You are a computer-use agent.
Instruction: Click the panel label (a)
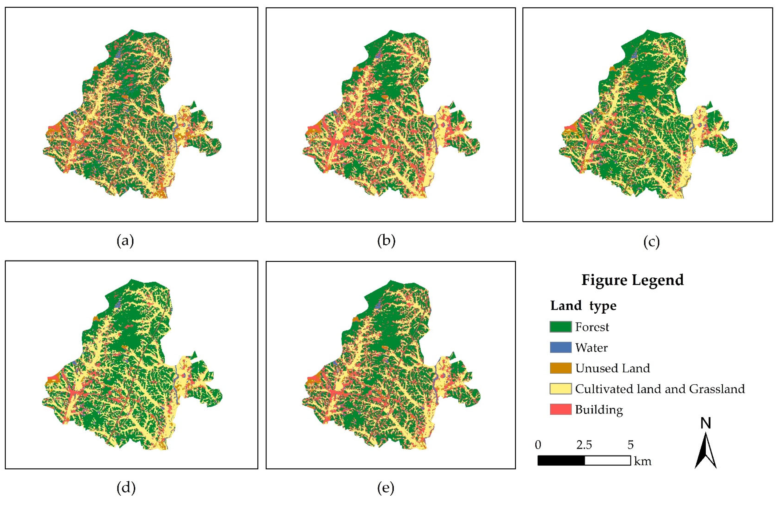coord(125,241)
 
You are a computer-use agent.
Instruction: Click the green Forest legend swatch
coord(560,327)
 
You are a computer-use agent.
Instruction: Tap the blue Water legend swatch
coord(560,348)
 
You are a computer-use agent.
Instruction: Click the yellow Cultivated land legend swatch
coord(560,389)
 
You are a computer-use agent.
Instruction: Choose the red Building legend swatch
coord(560,410)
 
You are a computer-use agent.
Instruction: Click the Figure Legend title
coord(633,280)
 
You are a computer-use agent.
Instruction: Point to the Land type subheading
coord(583,306)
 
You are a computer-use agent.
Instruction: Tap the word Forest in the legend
coord(592,327)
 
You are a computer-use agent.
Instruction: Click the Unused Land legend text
coord(612,368)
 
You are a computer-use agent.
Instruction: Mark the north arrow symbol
coord(706,451)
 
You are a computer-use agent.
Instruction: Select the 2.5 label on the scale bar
coord(584,445)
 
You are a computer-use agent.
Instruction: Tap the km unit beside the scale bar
coord(643,461)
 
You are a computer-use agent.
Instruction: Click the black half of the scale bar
coord(561,460)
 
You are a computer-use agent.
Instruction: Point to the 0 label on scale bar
coord(538,445)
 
